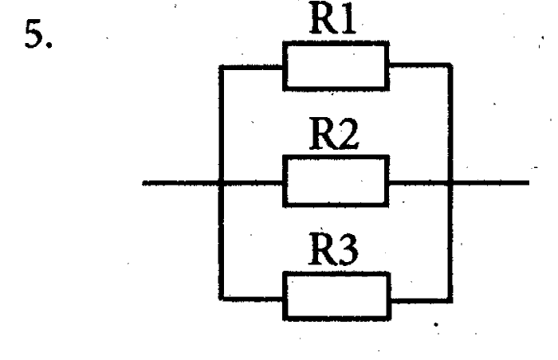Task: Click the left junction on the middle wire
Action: [x=220, y=183]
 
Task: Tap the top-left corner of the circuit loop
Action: [x=220, y=67]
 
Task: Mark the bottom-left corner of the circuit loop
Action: [x=220, y=299]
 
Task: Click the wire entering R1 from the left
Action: [x=252, y=67]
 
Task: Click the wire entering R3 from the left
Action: [x=252, y=299]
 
